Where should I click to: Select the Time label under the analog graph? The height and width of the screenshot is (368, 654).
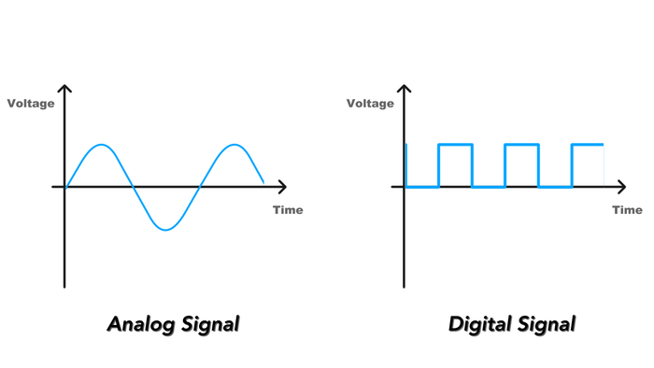click(288, 210)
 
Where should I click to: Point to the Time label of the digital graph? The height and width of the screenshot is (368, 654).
click(627, 210)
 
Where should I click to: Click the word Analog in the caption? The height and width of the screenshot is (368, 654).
click(140, 325)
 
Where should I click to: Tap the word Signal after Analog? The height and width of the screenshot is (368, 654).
click(208, 325)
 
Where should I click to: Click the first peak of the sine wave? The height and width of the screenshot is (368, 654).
click(99, 146)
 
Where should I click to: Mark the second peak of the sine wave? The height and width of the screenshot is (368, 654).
click(234, 146)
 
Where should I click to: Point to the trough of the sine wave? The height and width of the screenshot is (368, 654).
click(166, 229)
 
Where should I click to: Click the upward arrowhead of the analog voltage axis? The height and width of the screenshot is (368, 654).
click(64, 89)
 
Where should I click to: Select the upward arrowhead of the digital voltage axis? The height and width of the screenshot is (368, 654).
click(405, 89)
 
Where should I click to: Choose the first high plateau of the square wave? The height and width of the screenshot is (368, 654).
click(455, 145)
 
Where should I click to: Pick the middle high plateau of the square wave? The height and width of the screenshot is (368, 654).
click(521, 145)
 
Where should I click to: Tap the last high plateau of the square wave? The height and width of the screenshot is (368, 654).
click(588, 145)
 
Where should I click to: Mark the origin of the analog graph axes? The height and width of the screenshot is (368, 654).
click(64, 187)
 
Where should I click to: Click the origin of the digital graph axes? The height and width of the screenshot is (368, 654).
click(405, 187)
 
